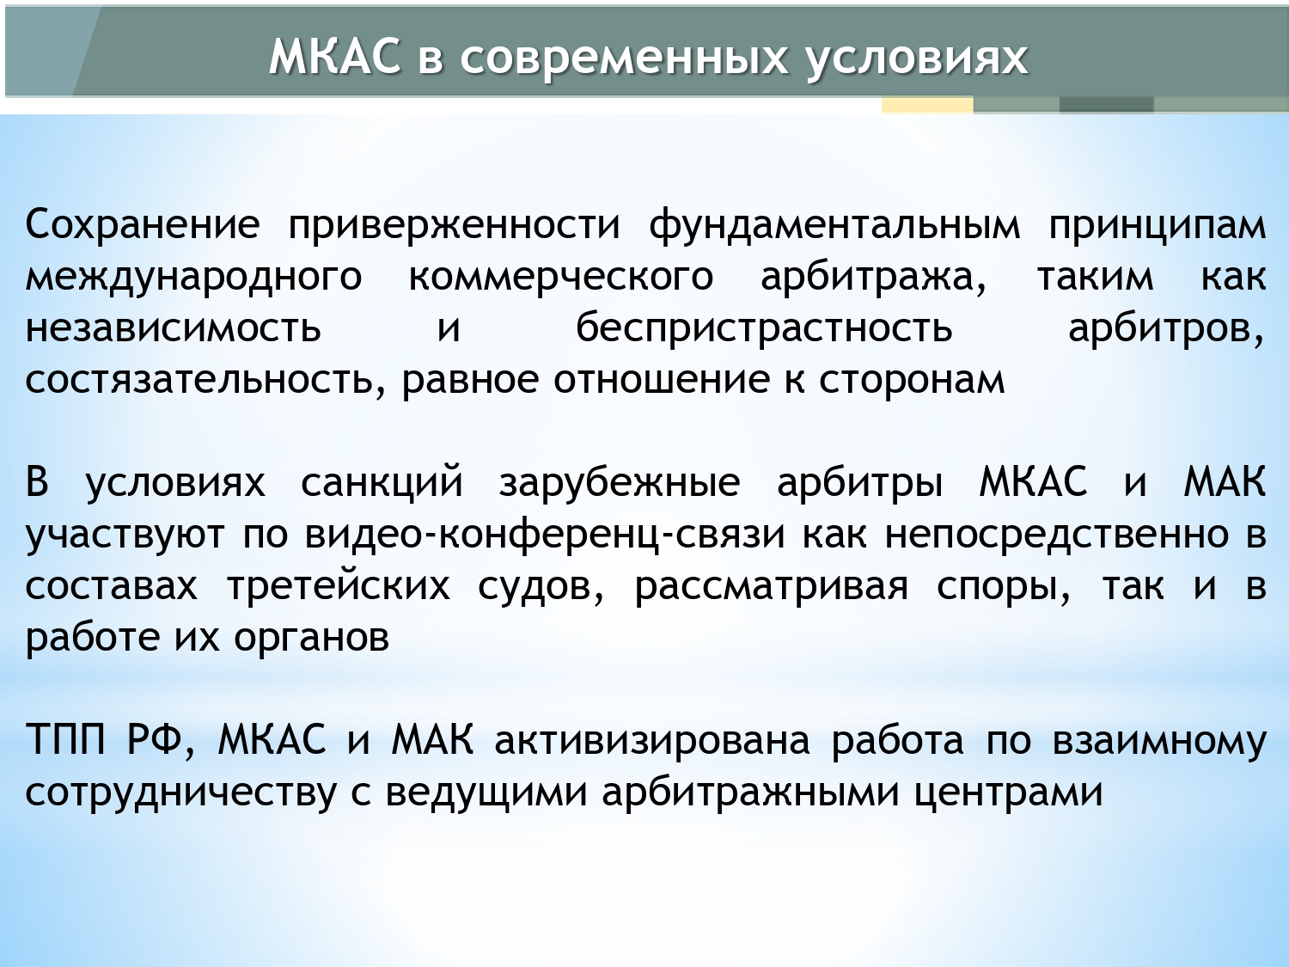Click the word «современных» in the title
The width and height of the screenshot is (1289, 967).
coord(623,59)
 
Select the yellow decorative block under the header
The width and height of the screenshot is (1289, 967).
coord(927,105)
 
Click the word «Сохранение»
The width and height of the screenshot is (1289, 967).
coord(143,224)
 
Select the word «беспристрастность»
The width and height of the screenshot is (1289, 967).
coord(764,328)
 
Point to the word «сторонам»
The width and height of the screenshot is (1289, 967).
coord(912,382)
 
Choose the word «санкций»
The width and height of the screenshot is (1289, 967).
coord(382,483)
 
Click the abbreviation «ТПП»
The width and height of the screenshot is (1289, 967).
coord(66,740)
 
